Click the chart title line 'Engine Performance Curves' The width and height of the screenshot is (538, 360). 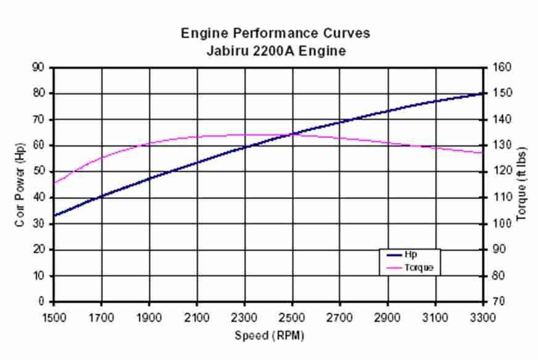coord(275,33)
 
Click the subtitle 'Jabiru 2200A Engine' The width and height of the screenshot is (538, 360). coord(275,51)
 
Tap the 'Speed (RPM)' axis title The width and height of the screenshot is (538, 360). coord(269,336)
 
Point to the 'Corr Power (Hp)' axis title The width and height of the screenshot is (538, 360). coord(20,185)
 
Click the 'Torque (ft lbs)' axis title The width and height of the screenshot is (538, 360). coord(521,185)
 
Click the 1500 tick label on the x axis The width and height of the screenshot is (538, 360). coord(54,318)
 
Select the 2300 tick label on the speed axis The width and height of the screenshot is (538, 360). coord(244,318)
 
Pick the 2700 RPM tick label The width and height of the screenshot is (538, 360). coord(340,318)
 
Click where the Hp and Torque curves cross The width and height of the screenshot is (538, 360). coord(293,134)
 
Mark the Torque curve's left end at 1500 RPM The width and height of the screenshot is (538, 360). coord(54,183)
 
